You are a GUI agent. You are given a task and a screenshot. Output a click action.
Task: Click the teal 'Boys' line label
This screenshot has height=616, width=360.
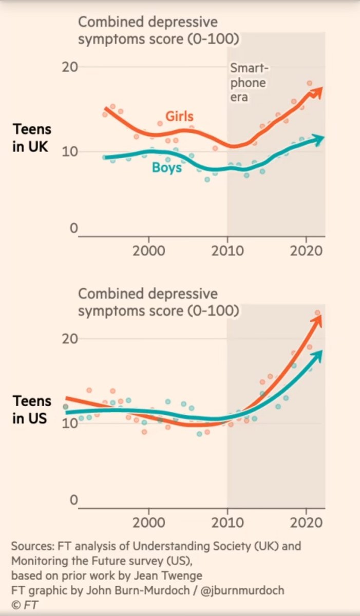tap(167, 167)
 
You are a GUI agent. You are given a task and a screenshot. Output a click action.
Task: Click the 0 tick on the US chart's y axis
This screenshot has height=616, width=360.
tap(73, 500)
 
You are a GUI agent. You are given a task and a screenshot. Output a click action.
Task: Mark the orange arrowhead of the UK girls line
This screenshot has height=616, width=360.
tap(318, 91)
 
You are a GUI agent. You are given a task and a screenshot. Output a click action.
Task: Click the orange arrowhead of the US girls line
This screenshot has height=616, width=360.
tap(317, 320)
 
